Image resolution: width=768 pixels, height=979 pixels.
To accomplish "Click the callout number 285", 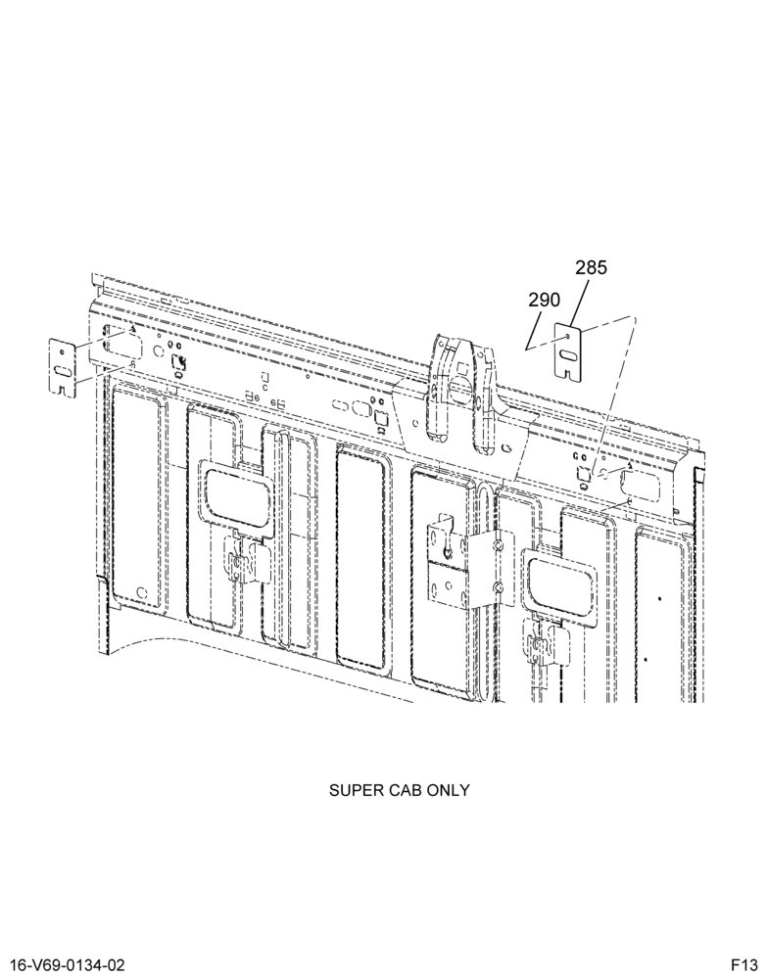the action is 591,268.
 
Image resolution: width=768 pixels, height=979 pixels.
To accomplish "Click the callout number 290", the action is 545,301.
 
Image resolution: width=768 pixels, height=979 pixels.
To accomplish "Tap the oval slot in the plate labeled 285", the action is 569,355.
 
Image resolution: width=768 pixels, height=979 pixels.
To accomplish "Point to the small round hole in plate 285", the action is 567,337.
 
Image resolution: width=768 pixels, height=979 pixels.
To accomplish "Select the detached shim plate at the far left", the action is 63,367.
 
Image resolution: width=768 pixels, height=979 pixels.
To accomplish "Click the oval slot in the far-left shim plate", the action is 63,372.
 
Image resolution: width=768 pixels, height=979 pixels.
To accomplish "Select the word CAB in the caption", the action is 404,790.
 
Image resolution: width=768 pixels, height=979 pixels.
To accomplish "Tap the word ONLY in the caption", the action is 448,790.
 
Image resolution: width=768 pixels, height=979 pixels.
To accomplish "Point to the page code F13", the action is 745,965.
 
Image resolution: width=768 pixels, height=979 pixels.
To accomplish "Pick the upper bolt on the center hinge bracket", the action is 497,546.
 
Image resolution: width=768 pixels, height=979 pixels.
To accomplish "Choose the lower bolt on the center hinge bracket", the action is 497,586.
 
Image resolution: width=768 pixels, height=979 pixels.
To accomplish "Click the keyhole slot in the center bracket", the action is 448,550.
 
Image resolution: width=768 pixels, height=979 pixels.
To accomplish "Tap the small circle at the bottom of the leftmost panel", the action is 142,592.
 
